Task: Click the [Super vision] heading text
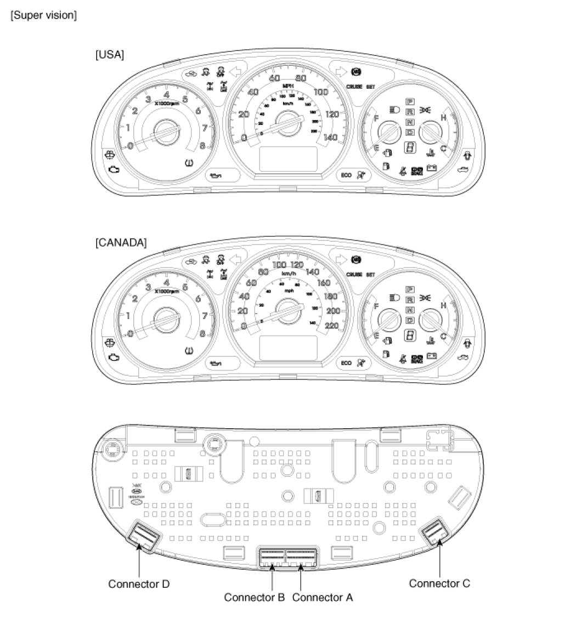tap(43, 15)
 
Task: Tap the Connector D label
tap(139, 584)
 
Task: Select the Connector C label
tap(439, 583)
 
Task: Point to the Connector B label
tap(254, 597)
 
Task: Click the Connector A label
tap(323, 597)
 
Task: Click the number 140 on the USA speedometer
tap(331, 137)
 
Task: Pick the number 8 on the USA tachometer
tap(202, 146)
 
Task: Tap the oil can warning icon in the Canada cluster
tap(218, 363)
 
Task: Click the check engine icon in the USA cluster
tap(114, 169)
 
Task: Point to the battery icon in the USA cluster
tap(431, 168)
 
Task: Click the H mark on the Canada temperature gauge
tap(443, 305)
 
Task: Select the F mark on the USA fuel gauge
tap(376, 117)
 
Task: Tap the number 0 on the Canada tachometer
tap(131, 333)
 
